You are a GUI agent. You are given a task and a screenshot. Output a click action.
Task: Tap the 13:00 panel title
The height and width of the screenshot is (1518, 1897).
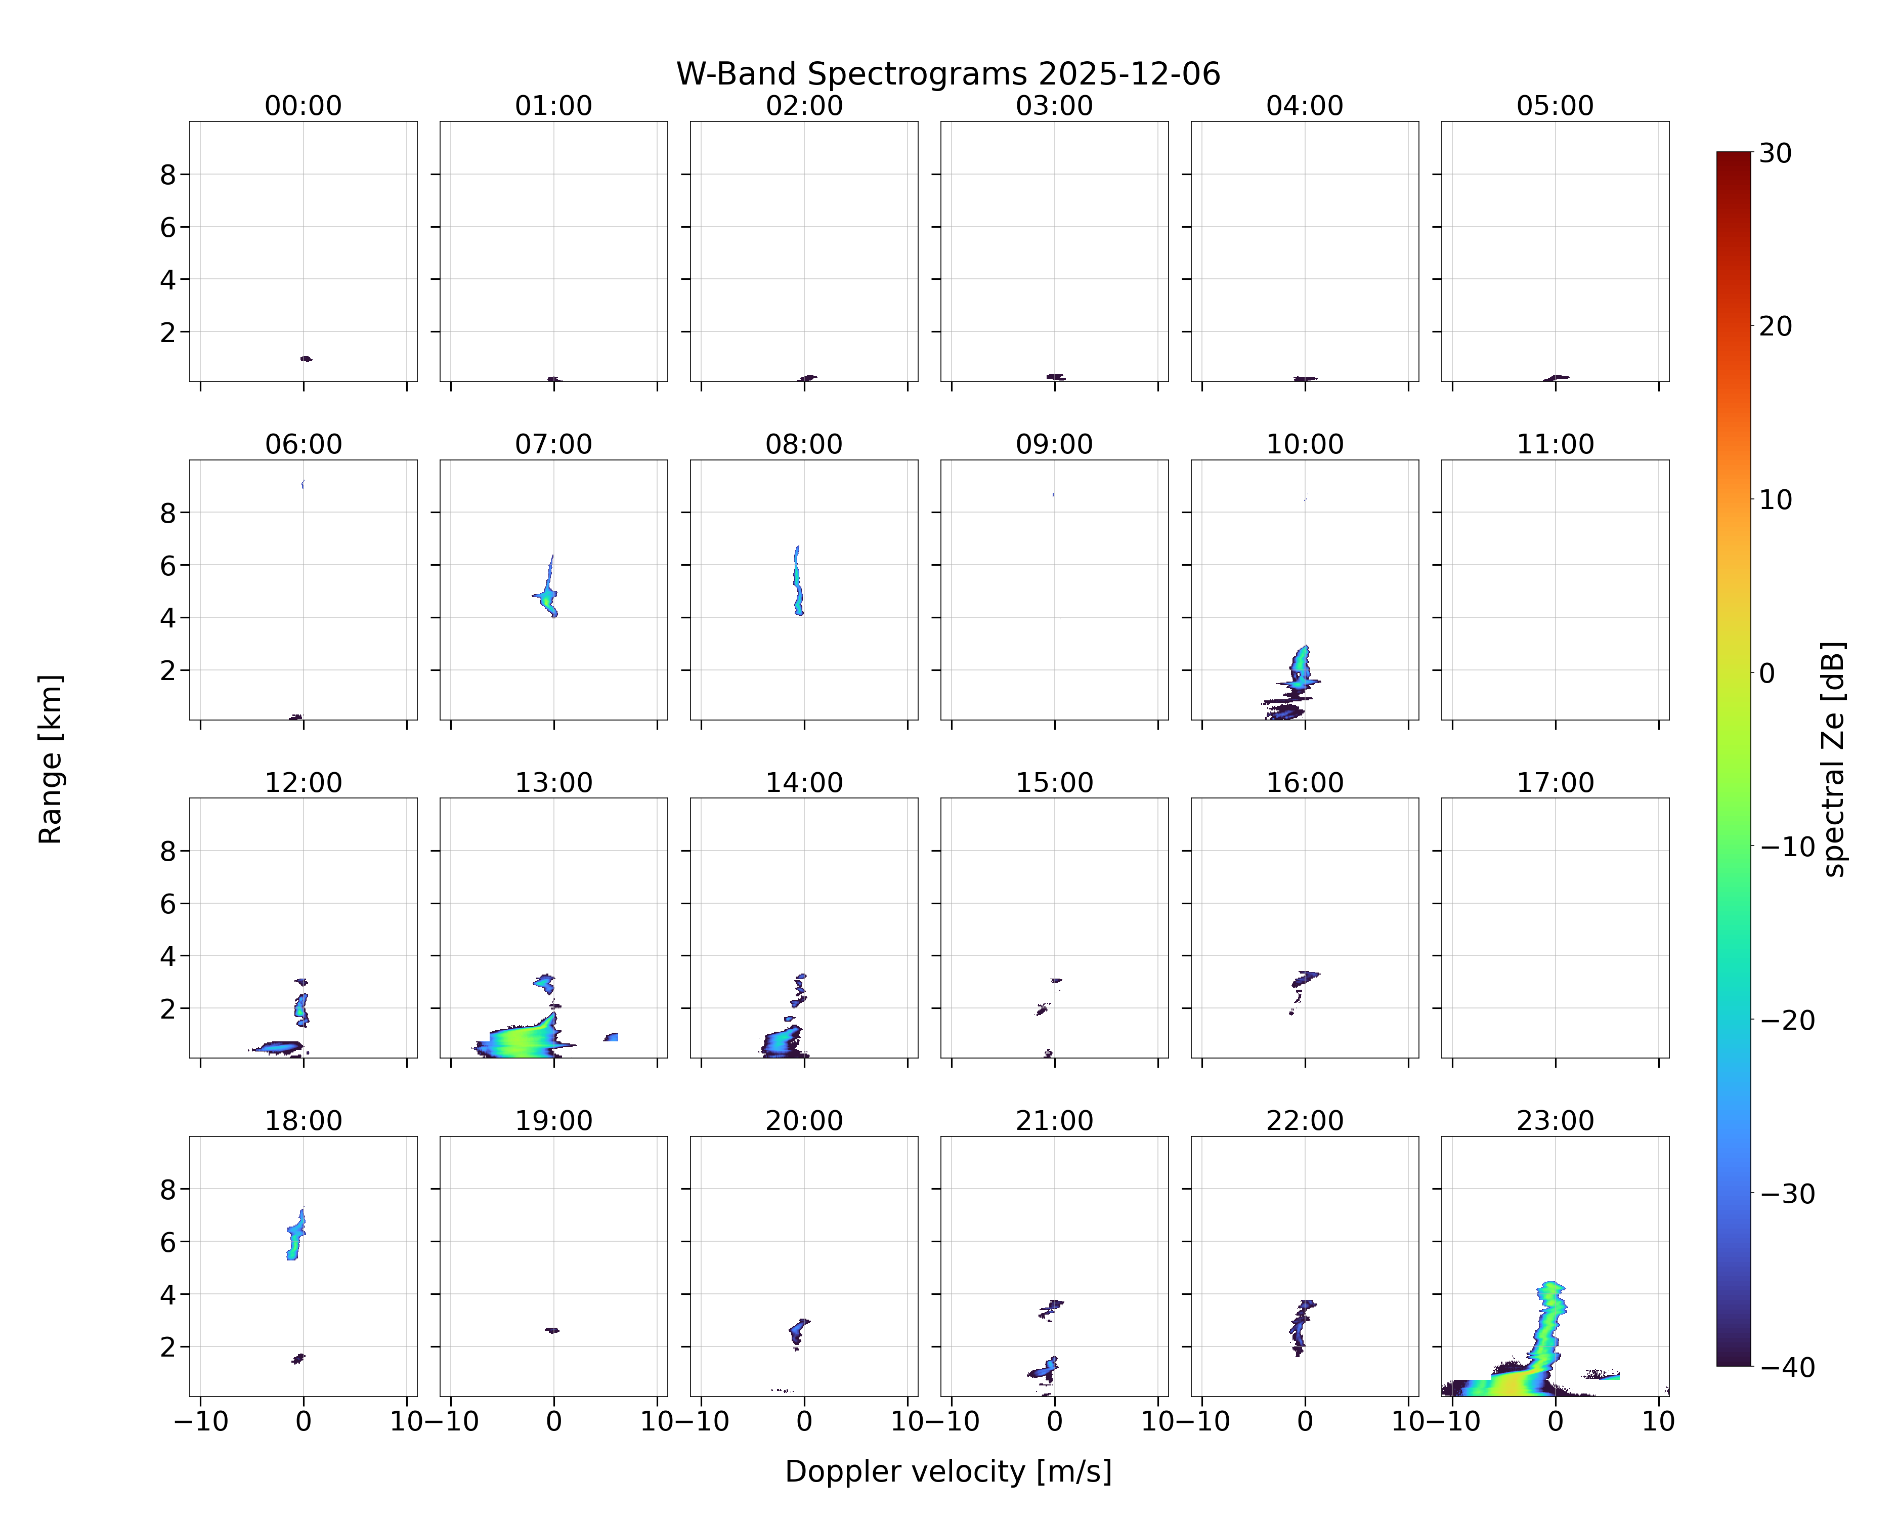coord(553,782)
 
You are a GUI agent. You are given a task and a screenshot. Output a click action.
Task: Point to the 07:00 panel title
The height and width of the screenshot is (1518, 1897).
coord(553,444)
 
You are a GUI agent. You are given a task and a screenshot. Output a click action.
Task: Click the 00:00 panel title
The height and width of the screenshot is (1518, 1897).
coord(304,106)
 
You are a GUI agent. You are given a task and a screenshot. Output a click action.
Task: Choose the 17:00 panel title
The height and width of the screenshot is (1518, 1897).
coord(1555,782)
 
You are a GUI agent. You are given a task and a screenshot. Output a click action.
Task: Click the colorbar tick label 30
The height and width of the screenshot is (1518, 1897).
coord(1776,153)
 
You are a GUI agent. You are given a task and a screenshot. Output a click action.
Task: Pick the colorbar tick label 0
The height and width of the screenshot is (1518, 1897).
coord(1767,673)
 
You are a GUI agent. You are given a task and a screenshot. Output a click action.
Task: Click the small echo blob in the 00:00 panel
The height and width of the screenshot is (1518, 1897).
coord(306,359)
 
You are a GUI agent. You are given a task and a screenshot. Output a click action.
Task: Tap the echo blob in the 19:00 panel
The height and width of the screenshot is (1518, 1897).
coord(552,1331)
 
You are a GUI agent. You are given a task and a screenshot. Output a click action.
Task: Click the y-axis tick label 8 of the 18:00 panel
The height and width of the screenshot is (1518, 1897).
coord(168,1190)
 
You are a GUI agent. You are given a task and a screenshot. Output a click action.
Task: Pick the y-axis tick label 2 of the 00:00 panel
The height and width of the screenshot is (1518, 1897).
coord(168,332)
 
